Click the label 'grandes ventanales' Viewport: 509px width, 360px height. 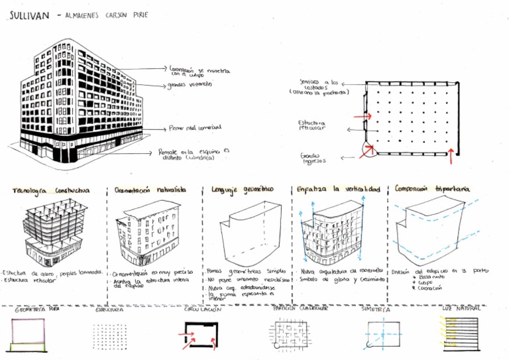(x=190, y=85)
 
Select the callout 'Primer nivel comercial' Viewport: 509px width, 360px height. (x=195, y=127)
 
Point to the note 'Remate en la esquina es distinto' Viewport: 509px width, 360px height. (x=193, y=154)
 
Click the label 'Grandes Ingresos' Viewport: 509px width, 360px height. (x=313, y=157)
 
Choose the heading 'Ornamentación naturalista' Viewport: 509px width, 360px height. (x=150, y=190)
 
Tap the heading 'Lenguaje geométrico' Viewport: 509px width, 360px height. (x=243, y=190)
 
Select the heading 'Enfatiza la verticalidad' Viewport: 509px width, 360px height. (x=339, y=190)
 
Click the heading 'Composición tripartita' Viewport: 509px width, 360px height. (x=432, y=189)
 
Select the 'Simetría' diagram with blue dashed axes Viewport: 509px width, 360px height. (x=380, y=333)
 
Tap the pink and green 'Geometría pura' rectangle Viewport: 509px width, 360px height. (x=28, y=335)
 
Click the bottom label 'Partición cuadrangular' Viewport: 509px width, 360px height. (x=294, y=308)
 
